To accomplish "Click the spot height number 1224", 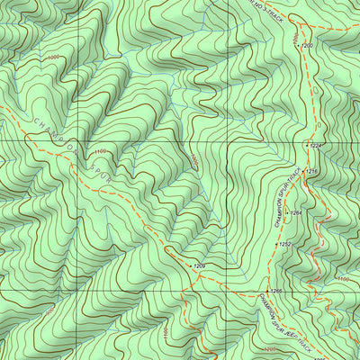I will pos(316,145).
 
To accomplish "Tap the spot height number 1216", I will pos(313,171).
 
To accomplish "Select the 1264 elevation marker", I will pos(295,213).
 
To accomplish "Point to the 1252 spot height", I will pos(284,244).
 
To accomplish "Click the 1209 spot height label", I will pos(200,267).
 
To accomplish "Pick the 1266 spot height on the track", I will pos(276,292).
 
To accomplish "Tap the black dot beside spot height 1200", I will pos(297,45).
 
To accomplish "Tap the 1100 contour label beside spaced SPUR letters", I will pos(99,151).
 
